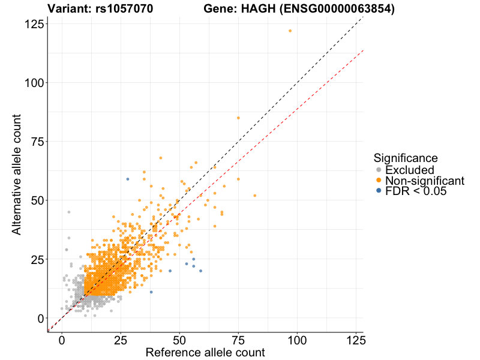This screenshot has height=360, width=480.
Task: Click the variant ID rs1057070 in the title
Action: click(x=124, y=9)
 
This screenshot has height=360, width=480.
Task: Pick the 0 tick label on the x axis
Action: click(x=62, y=340)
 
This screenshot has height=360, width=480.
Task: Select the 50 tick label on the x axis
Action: click(x=179, y=340)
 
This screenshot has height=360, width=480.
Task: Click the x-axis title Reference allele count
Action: click(x=205, y=352)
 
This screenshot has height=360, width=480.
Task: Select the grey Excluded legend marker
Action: click(x=378, y=170)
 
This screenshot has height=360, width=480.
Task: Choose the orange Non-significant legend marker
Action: click(x=378, y=181)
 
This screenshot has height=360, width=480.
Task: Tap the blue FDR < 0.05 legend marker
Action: click(x=378, y=191)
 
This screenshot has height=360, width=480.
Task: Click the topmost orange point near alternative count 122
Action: click(x=290, y=31)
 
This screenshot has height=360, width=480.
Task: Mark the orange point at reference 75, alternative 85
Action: click(x=238, y=118)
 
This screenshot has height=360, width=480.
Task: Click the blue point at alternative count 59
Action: click(x=128, y=179)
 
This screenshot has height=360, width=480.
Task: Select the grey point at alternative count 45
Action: click(x=69, y=212)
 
